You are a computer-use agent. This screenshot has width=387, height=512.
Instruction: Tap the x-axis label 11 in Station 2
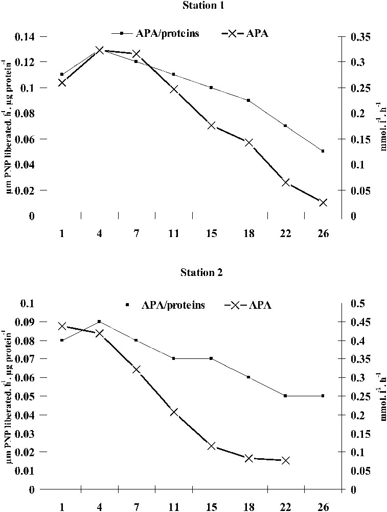tap(174, 507)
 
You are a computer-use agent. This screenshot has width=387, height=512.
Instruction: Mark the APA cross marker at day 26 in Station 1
tap(323, 203)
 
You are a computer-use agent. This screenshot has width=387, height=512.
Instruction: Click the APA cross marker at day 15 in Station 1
tap(212, 125)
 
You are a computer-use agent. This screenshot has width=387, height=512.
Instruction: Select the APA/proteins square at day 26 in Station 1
tap(323, 151)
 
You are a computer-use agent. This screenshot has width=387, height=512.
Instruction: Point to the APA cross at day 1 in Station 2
tap(62, 326)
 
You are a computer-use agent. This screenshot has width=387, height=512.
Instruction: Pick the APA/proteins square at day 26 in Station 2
tap(323, 396)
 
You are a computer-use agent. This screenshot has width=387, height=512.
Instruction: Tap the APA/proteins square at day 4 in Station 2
tap(99, 322)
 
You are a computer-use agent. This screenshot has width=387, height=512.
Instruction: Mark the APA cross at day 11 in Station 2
tap(174, 412)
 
